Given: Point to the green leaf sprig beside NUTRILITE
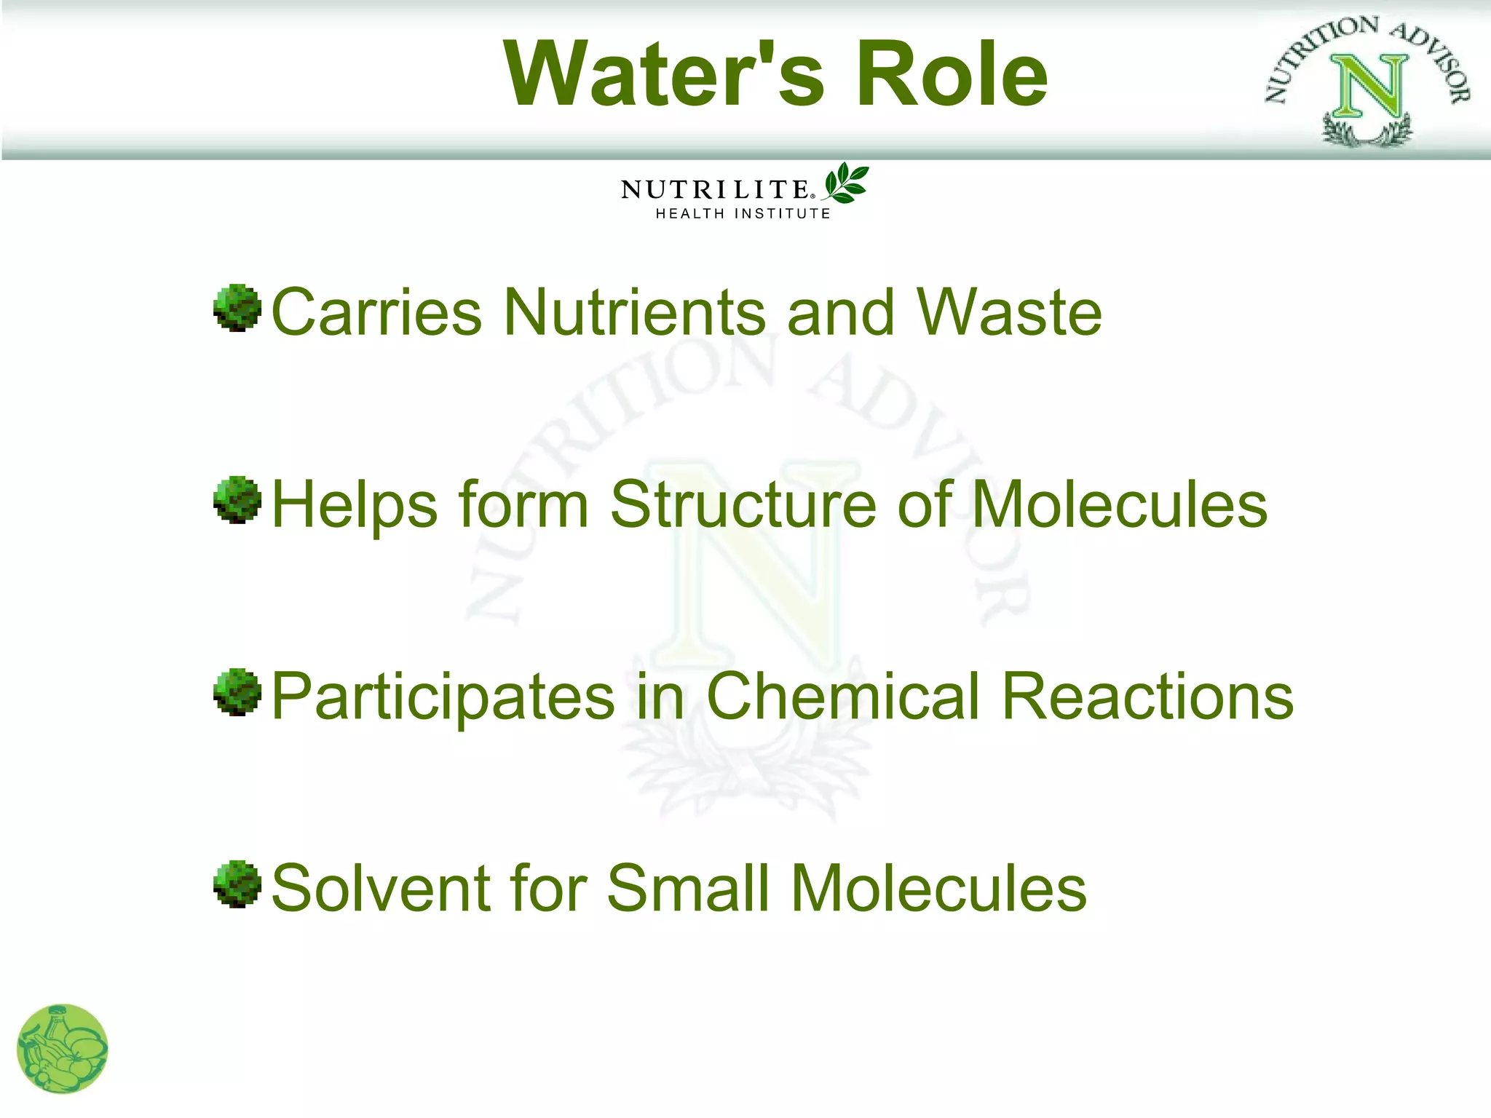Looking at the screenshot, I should coord(847,183).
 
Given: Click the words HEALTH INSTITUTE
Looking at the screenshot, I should coord(743,214).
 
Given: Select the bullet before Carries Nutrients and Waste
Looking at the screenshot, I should coord(237,309).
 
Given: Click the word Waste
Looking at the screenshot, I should coord(1009,312).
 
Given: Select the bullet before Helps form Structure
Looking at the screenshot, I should coord(237,500).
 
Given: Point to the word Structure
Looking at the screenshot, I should coord(743,504).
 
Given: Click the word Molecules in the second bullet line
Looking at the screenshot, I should coord(1119,504).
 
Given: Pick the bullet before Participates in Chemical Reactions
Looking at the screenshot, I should coord(237,692).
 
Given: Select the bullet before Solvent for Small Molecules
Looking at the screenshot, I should coord(237,884).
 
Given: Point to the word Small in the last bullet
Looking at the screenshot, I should coord(688,888).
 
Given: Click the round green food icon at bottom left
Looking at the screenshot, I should coord(63,1049).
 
